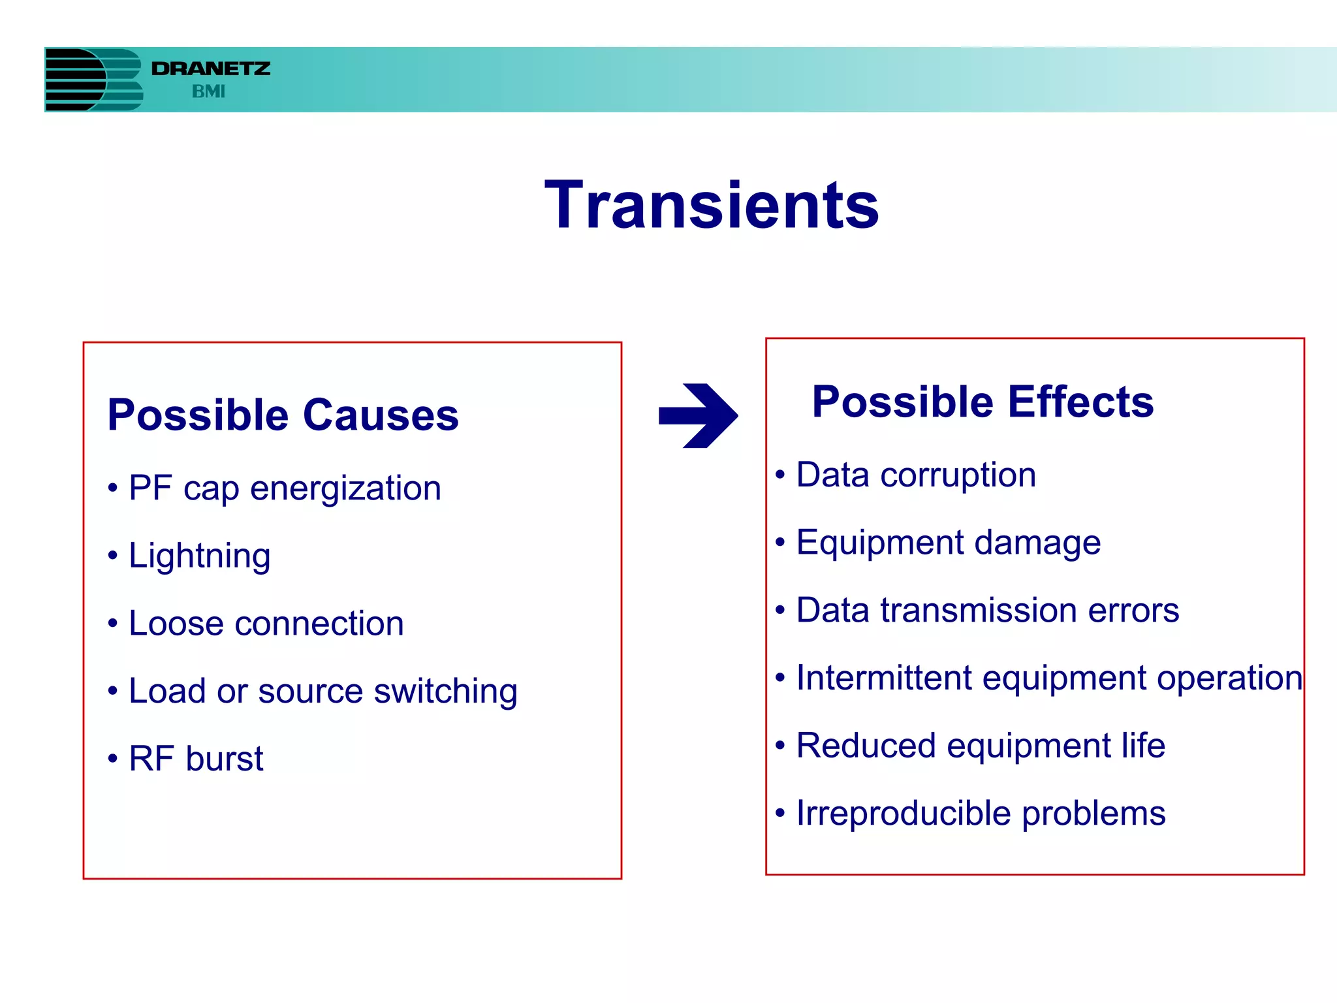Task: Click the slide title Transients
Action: [x=712, y=206]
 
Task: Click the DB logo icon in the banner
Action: [x=93, y=79]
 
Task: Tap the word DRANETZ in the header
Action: [x=210, y=69]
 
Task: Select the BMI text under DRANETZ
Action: [x=208, y=92]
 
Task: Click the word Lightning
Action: [x=200, y=556]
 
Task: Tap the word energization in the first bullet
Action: [x=345, y=489]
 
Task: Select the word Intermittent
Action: [x=884, y=678]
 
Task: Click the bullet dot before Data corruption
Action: [x=779, y=475]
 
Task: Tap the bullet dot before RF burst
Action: [x=113, y=759]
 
